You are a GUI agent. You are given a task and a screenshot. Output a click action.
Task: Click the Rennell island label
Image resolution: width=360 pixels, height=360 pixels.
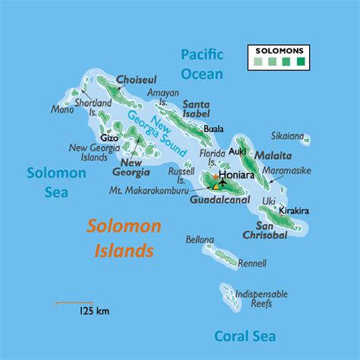click(x=252, y=264)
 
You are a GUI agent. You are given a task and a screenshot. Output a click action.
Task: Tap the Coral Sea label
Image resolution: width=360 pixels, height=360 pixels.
click(x=245, y=336)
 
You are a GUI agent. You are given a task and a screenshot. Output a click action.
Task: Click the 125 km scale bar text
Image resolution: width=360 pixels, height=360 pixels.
click(x=93, y=311)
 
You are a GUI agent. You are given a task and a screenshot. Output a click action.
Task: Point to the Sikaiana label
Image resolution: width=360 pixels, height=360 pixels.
click(x=289, y=136)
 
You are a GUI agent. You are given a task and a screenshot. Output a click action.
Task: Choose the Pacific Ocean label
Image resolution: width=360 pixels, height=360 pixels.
click(x=201, y=64)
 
